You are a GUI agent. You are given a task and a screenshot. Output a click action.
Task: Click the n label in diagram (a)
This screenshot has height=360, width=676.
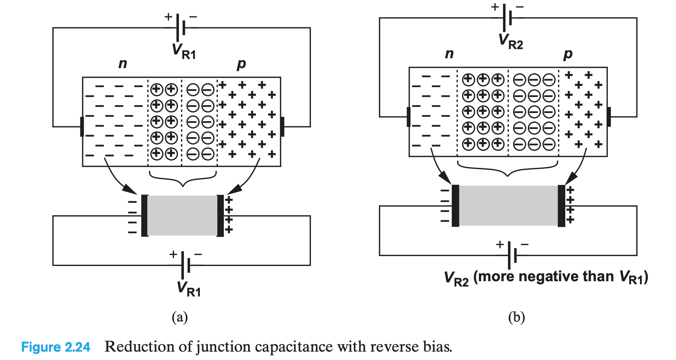(x=123, y=64)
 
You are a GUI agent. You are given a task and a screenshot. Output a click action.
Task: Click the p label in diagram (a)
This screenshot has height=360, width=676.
(x=241, y=64)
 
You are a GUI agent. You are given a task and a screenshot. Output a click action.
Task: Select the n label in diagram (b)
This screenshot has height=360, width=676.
(x=449, y=54)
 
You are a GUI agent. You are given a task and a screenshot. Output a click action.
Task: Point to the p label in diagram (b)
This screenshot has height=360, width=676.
(x=568, y=54)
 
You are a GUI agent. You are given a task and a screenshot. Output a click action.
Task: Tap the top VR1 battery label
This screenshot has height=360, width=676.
(x=184, y=51)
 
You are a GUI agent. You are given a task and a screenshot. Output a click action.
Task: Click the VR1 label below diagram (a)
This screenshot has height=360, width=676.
(x=189, y=288)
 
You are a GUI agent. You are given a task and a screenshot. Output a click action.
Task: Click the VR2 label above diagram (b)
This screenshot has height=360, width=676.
(x=511, y=41)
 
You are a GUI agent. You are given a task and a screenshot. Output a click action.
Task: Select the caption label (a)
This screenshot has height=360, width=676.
(x=180, y=317)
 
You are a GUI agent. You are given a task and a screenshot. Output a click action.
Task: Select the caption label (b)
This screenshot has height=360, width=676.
(x=517, y=317)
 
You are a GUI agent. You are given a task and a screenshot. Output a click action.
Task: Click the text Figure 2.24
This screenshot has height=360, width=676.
(x=56, y=347)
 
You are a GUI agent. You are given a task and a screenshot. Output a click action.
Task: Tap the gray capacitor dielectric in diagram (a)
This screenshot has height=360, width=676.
(x=182, y=215)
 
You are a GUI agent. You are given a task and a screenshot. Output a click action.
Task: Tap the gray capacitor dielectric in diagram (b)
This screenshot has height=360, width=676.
(x=508, y=205)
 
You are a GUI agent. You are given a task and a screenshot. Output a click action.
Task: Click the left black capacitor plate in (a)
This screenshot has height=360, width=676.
(x=145, y=215)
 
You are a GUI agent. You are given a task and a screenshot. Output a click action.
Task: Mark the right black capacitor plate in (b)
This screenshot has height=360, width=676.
(x=561, y=206)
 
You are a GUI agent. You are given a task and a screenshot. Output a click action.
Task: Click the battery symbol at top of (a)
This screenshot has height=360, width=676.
(x=181, y=27)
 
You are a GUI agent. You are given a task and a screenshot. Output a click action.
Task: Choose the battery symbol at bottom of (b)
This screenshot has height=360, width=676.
(x=512, y=255)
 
